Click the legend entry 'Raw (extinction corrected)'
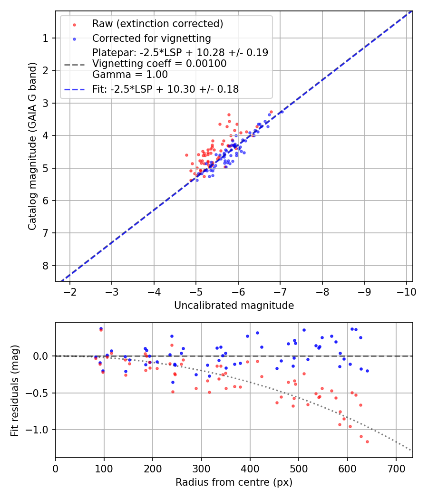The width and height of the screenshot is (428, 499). [157, 24]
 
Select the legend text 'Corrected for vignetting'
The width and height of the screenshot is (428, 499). [151, 38]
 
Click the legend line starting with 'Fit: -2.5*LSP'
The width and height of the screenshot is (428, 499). [165, 89]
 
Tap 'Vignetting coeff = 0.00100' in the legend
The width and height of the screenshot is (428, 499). [159, 64]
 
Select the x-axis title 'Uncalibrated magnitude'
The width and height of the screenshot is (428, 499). [234, 306]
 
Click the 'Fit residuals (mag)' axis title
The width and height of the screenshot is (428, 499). [15, 391]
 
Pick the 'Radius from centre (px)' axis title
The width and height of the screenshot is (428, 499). [234, 482]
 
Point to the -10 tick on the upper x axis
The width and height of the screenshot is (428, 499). [406, 290]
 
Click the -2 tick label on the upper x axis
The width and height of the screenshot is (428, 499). [70, 290]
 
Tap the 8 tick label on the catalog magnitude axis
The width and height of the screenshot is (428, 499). [46, 266]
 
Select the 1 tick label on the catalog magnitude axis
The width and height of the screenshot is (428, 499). [46, 38]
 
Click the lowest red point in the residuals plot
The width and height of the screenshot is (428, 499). [367, 441]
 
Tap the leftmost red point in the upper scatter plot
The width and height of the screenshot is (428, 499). [186, 155]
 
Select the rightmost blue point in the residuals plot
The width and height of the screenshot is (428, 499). [367, 371]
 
